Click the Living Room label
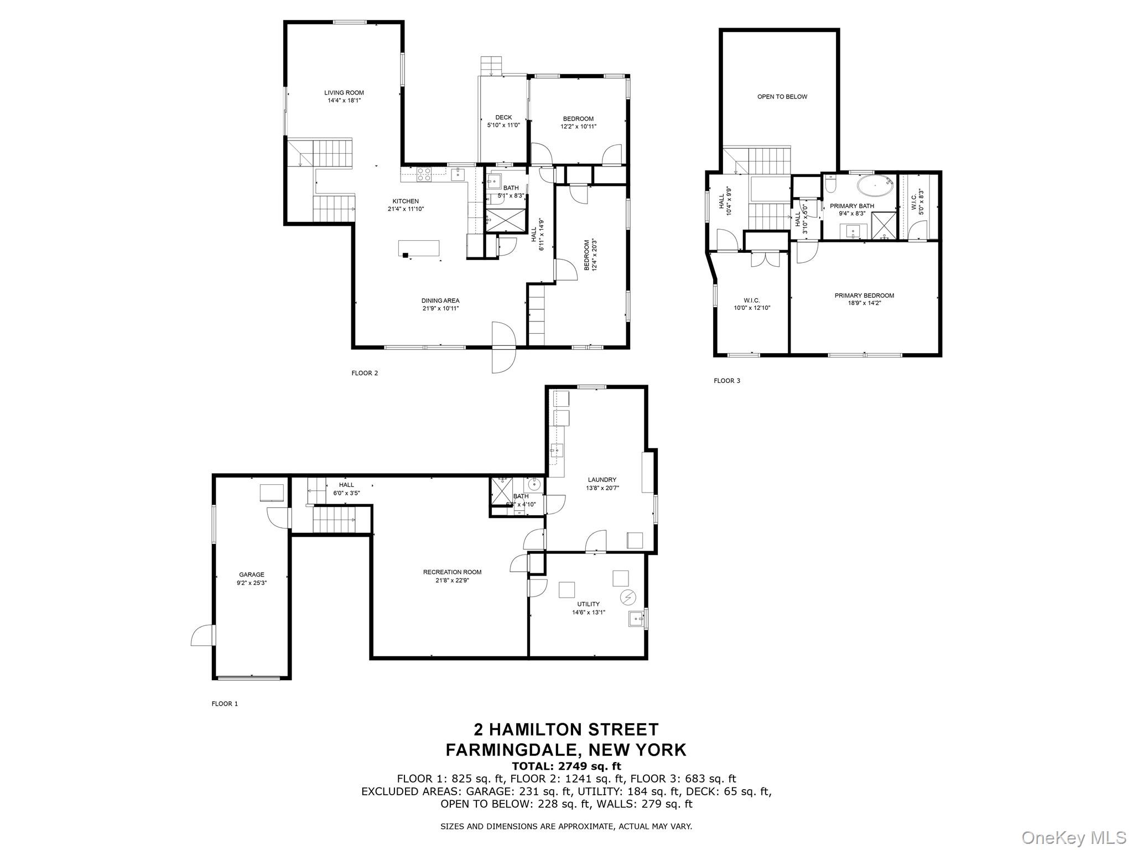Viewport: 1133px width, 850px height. (344, 93)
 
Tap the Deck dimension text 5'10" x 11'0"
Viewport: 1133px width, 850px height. (503, 125)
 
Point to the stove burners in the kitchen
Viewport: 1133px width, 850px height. (424, 174)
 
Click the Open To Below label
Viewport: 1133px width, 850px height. (782, 97)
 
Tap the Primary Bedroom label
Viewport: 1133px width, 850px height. (864, 296)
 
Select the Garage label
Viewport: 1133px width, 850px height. (251, 574)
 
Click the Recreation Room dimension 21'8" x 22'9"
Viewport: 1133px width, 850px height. (452, 581)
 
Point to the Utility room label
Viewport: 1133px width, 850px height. (588, 604)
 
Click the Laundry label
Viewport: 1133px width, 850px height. (602, 480)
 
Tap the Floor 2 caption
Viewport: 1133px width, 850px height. (365, 373)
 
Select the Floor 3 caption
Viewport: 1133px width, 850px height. (726, 381)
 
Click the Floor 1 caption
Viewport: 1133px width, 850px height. (225, 704)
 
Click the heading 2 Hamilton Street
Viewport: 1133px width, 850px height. (566, 729)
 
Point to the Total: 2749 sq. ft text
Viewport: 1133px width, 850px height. (566, 766)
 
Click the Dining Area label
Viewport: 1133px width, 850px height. (440, 301)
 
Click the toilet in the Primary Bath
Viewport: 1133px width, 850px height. (829, 185)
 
